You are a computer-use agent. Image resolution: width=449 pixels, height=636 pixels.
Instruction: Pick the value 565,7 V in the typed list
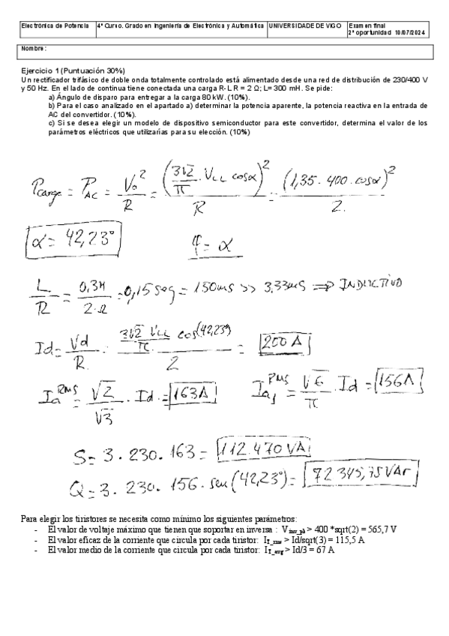click(x=379, y=529)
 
